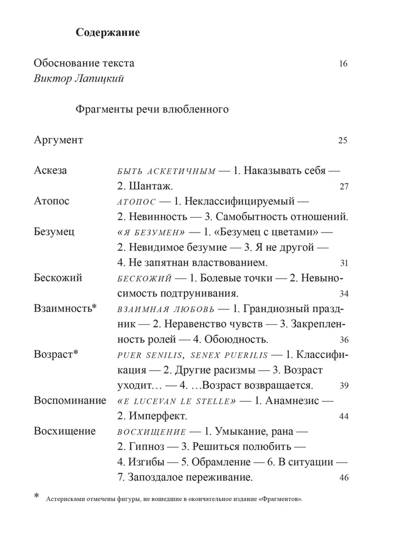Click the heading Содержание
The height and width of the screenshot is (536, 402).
pos(108,33)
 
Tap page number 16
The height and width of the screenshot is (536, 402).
pos(344,64)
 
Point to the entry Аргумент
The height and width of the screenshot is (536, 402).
pos(58,140)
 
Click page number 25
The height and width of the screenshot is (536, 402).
pos(344,141)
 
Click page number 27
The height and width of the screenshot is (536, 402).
pos(344,187)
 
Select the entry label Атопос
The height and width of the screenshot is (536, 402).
pos(51,202)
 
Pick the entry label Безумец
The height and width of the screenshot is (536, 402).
pos(54,232)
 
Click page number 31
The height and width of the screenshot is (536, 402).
pos(344,263)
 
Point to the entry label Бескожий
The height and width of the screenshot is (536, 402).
pos(57,278)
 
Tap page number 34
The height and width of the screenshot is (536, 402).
pos(344,294)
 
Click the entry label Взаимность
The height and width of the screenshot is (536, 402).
pos(64,309)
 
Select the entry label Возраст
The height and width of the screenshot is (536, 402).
pos(56,355)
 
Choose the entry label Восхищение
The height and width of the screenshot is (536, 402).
pos(64,431)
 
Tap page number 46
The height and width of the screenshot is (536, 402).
pos(344,478)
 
